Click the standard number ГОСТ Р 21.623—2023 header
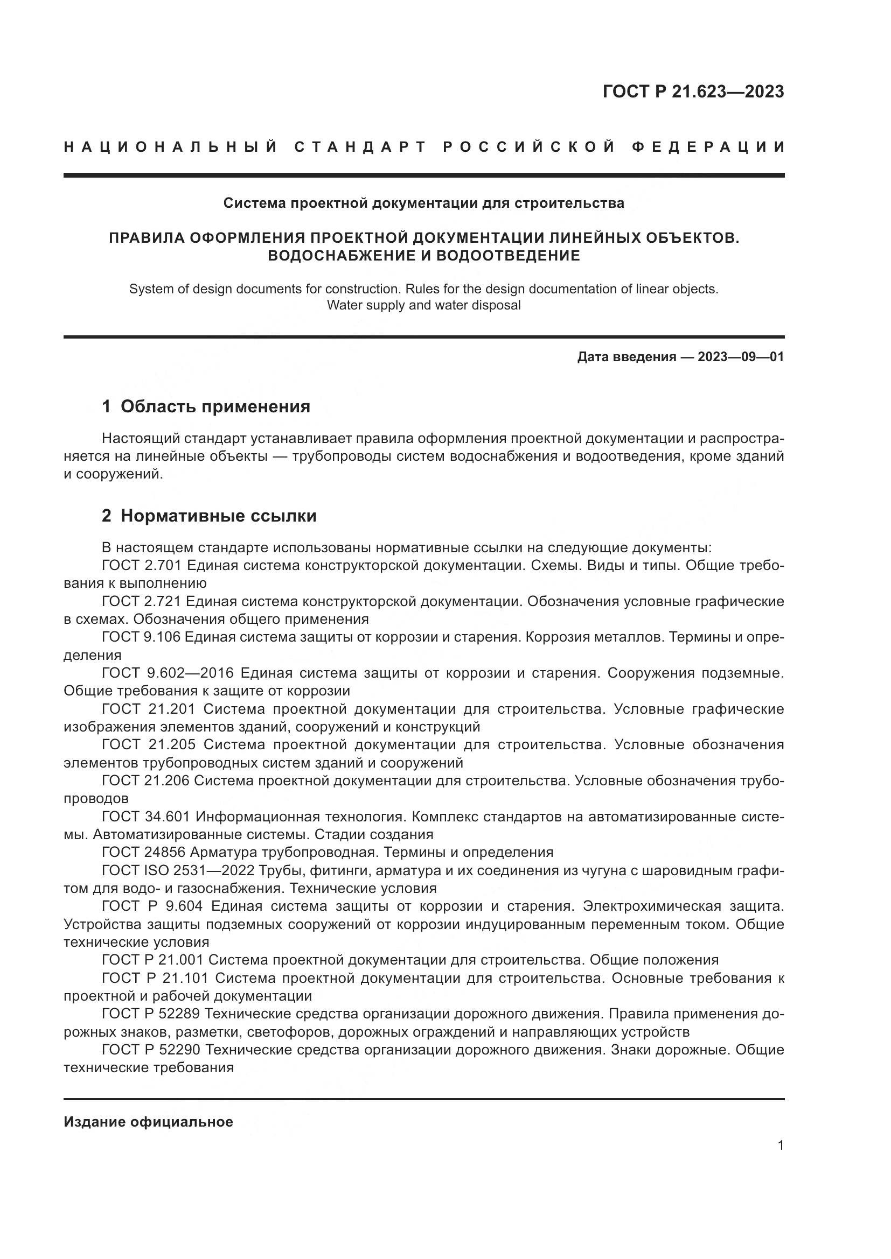click(x=693, y=92)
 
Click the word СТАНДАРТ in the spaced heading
click(x=360, y=147)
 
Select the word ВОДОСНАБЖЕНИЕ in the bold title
click(x=336, y=256)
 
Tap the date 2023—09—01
click(x=741, y=357)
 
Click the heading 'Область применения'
click(x=215, y=406)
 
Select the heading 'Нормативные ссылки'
click(x=218, y=516)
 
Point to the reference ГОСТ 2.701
click(x=142, y=565)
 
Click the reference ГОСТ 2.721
click(x=142, y=602)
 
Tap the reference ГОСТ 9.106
click(x=142, y=637)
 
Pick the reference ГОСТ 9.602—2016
click(x=168, y=673)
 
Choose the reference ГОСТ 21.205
click(x=148, y=744)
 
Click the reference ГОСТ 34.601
click(x=145, y=817)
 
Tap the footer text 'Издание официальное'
click(x=148, y=1122)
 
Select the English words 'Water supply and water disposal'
click(x=423, y=305)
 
